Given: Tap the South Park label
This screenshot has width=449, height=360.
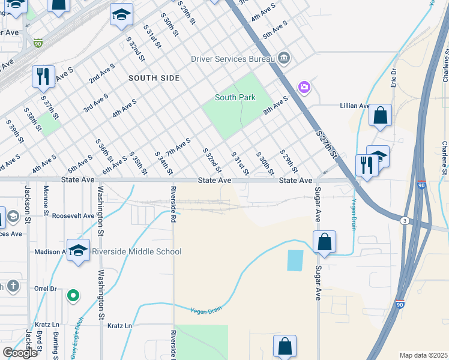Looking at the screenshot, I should click(235, 97).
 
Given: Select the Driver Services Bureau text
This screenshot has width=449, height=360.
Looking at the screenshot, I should click(232, 59).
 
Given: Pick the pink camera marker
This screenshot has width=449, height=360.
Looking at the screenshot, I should click(304, 88).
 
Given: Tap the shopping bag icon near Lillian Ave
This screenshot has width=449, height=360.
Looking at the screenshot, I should click(380, 115).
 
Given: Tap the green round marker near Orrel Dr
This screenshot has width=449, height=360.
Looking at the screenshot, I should click(73, 295).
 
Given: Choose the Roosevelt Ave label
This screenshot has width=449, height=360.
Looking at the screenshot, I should click(73, 215).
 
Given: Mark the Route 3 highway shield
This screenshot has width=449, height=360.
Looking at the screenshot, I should click(403, 221).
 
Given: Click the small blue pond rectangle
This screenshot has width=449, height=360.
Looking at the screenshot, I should click(295, 260).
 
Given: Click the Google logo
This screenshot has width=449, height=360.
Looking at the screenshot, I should click(20, 353).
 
